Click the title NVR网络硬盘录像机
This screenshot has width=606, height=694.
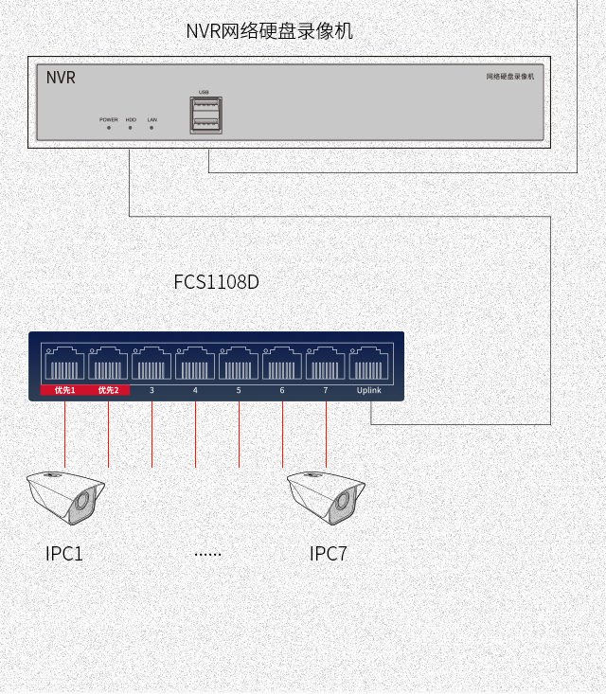tap(269, 31)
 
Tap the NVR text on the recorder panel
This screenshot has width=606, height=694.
tap(61, 78)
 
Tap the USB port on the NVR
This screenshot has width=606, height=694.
tap(205, 115)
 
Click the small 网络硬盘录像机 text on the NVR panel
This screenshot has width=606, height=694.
tap(509, 77)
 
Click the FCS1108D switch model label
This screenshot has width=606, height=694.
tap(216, 282)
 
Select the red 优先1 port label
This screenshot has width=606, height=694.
tap(64, 390)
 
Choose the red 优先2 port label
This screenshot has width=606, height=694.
tap(108, 390)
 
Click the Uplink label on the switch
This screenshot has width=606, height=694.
tap(369, 390)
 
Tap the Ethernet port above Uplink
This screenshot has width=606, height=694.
tap(369, 365)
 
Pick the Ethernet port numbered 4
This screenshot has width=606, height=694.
tap(195, 365)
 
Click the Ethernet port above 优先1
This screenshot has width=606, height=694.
tap(64, 365)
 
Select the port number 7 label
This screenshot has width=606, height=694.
tap(325, 390)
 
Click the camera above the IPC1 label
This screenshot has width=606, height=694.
tap(65, 496)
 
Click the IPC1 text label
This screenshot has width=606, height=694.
tap(64, 554)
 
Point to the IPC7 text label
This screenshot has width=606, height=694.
tap(328, 554)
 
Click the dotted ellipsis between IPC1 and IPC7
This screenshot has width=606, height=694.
tap(207, 554)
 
